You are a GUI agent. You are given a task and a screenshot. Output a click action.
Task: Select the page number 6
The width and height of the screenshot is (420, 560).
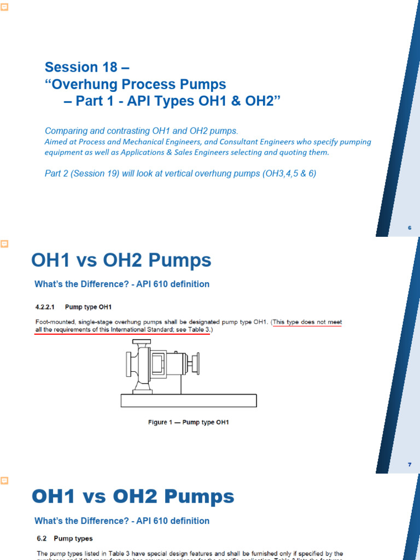409,227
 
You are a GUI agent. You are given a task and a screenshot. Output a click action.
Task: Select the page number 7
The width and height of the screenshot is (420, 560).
409,464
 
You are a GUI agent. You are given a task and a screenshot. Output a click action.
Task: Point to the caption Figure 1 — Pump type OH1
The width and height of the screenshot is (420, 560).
188,422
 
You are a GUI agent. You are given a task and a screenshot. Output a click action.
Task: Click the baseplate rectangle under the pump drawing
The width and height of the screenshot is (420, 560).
189,401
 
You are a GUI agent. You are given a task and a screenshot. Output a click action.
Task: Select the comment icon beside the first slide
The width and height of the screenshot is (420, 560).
3,5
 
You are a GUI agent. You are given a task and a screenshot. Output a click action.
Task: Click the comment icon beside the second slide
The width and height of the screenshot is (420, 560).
3,242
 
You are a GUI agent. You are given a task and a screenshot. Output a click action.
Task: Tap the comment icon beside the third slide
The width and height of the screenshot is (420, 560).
3,480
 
